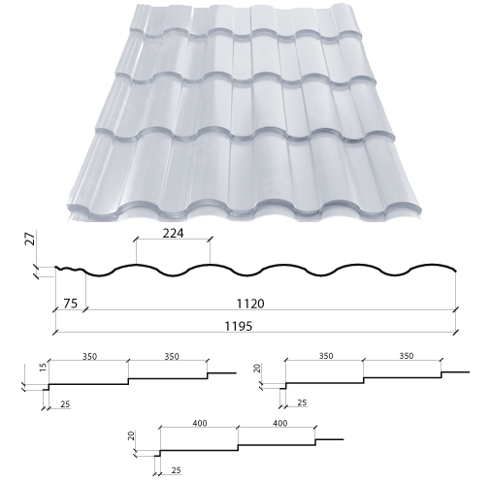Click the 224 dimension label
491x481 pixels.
173,233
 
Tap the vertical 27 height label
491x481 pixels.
31,239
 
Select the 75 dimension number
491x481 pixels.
70,304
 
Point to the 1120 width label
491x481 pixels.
250,304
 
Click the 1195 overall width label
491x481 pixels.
239,326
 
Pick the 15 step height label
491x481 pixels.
43,367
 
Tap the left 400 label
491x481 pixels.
200,423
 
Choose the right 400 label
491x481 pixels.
280,423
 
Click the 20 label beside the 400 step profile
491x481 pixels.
131,435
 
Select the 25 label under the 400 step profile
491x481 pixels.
176,470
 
